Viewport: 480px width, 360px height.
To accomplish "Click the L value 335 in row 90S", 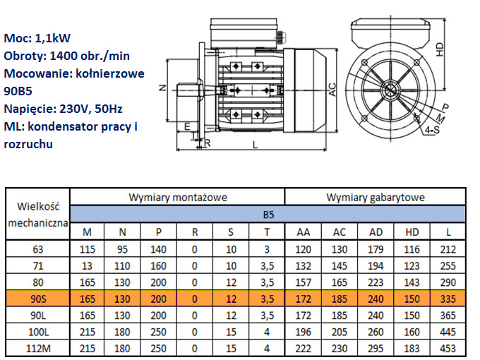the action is (x=448, y=299).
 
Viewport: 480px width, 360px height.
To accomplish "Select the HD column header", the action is (x=412, y=232).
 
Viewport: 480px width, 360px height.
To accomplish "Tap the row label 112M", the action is (x=38, y=349).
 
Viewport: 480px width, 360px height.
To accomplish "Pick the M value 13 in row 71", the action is (x=87, y=265).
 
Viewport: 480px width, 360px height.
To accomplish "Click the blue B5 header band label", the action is (x=268, y=215).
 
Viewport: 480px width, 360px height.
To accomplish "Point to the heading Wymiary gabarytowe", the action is (x=376, y=198).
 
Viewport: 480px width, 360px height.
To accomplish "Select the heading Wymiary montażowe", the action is (x=178, y=198).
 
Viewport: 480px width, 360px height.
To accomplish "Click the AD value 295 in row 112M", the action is (x=376, y=349).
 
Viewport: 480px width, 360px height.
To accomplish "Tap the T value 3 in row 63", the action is (x=267, y=249).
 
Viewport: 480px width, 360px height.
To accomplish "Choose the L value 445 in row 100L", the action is (x=448, y=332).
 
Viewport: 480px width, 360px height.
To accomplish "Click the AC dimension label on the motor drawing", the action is (x=332, y=90).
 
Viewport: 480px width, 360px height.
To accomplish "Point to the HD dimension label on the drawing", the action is (x=440, y=49).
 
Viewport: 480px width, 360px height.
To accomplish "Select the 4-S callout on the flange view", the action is (x=432, y=130).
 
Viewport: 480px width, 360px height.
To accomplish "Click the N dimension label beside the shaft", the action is (x=162, y=88).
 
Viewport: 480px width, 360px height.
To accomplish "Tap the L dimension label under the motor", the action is (x=256, y=145).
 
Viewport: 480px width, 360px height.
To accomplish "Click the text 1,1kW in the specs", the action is (x=53, y=38).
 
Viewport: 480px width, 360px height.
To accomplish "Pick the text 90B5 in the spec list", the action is (x=18, y=91).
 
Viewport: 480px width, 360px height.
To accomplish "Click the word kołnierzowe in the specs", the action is (x=110, y=73).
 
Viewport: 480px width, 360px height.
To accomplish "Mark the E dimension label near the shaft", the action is (x=187, y=126).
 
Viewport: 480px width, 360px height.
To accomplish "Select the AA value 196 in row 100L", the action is (x=303, y=332).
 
